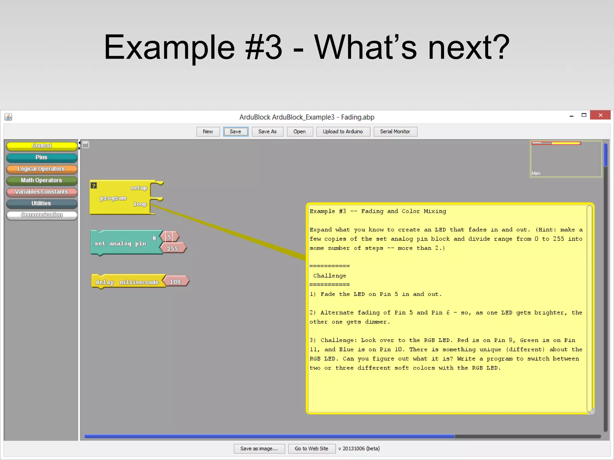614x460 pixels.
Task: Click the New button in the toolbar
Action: pos(208,131)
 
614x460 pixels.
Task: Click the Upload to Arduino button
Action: pos(342,131)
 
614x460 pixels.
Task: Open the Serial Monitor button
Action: pos(395,131)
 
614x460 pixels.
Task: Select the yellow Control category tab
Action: pos(42,146)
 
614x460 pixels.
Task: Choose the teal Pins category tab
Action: pos(42,157)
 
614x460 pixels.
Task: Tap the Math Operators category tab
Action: pos(42,180)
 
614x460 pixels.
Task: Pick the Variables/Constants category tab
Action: pos(42,192)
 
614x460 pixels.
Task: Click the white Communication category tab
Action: pos(42,215)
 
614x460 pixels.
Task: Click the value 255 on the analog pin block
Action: pos(173,249)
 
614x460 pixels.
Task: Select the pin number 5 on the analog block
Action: pos(169,237)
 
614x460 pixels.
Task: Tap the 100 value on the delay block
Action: pos(175,282)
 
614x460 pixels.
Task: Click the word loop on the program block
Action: pos(140,204)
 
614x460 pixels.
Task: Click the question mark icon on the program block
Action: pos(94,186)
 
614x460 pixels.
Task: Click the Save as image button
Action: pos(259,448)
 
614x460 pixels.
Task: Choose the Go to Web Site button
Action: pos(311,448)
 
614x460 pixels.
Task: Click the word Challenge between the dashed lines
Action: pos(329,276)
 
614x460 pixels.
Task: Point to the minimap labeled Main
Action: pos(565,159)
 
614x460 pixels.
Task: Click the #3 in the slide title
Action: pos(264,47)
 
